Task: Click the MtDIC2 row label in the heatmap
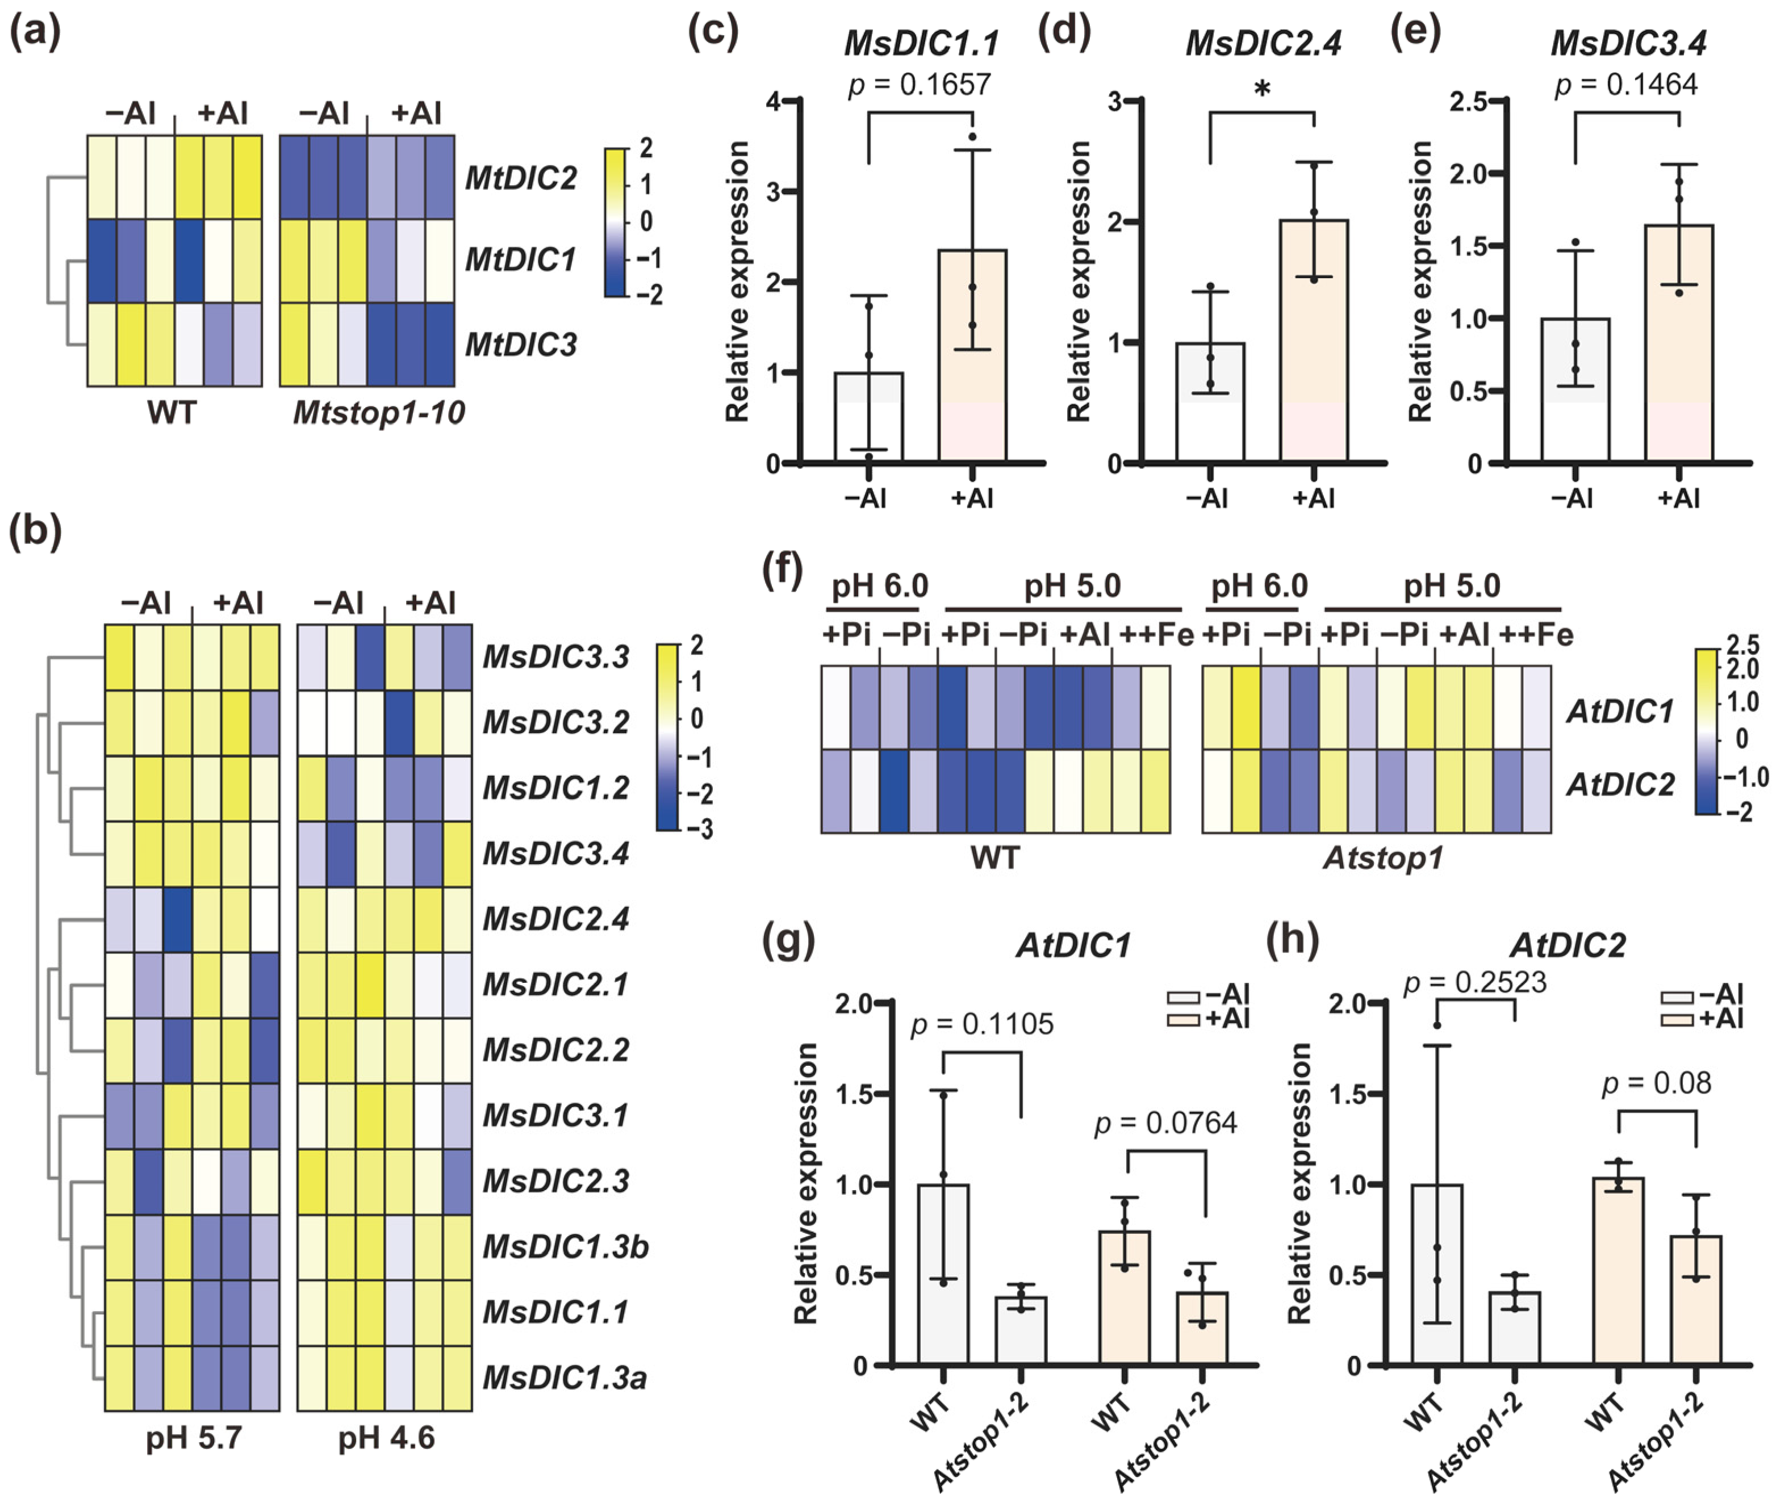(521, 178)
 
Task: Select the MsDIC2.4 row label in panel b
(556, 919)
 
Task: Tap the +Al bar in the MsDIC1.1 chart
(972, 357)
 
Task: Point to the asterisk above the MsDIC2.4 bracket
(1262, 89)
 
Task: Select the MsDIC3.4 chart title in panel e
(1628, 43)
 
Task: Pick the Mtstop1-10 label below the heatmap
(378, 413)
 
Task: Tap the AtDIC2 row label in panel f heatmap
(1620, 784)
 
